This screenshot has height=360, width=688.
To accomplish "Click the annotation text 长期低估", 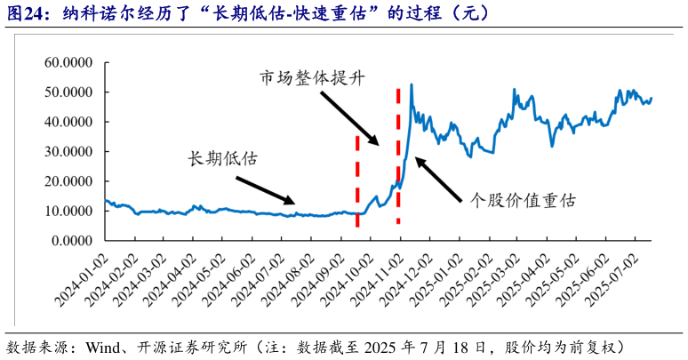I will pos(222,159).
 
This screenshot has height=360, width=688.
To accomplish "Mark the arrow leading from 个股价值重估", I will pos(439,178).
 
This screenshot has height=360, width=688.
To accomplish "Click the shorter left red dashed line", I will pos(357,181).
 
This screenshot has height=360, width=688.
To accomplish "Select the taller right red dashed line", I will pos(397,156).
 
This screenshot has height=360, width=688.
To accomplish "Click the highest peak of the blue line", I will pos(411,84).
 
